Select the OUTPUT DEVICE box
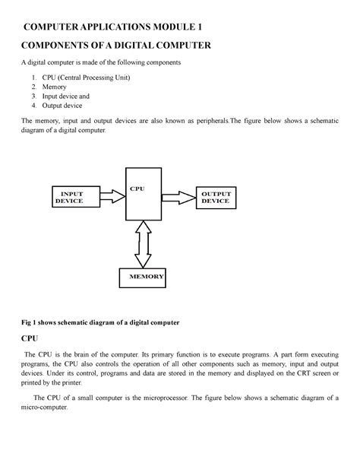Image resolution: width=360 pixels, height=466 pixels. coord(215,197)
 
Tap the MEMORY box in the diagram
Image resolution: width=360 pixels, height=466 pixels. coord(143,277)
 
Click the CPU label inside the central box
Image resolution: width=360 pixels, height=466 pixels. coord(137,188)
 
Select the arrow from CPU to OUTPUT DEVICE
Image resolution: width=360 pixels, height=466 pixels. coord(178,197)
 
